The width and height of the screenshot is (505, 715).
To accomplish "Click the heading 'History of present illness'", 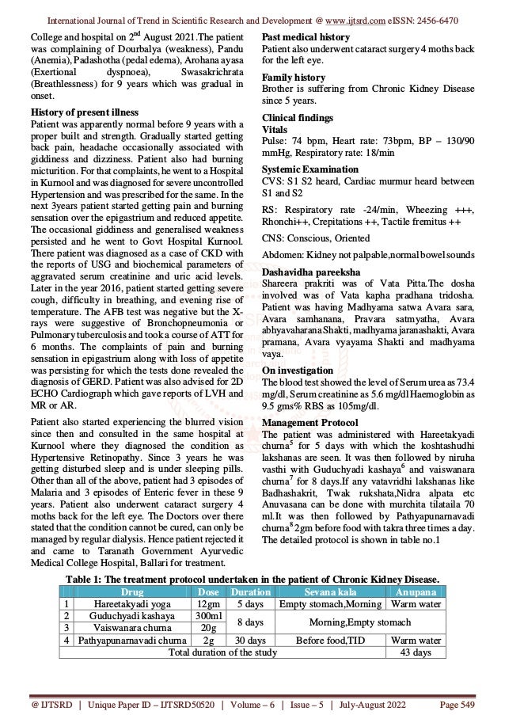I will pos(72,112).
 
